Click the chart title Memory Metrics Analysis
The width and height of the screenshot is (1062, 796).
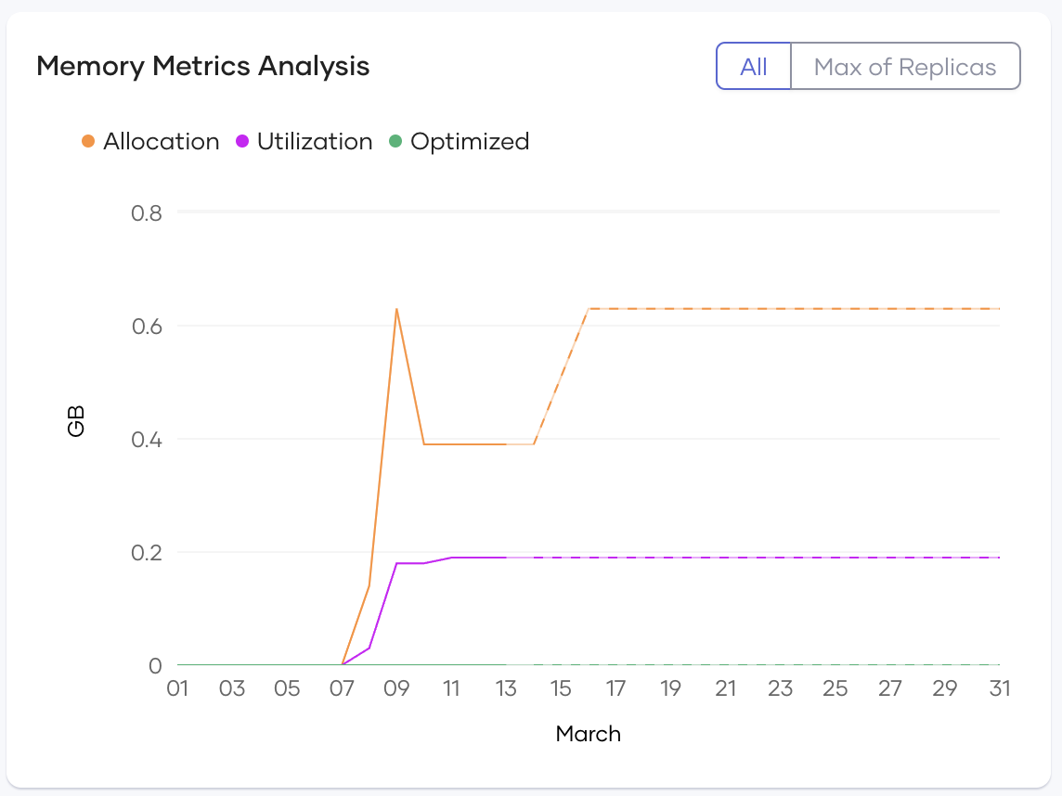[x=202, y=67]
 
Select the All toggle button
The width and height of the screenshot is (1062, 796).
[x=753, y=67]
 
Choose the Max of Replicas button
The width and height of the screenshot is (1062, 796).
[x=904, y=67]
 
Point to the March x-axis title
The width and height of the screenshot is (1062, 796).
[x=588, y=735]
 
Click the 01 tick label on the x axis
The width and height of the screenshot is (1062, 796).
[x=177, y=689]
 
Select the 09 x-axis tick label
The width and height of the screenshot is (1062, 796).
[x=396, y=689]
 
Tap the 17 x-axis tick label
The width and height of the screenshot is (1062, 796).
[x=615, y=689]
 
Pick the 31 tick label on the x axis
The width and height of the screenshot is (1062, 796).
[x=999, y=689]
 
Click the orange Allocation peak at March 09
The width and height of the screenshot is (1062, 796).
[x=396, y=309]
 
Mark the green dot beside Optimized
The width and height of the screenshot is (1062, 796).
[x=395, y=142]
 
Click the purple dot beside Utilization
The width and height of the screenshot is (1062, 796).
[x=242, y=142]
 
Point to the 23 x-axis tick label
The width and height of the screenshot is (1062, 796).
[x=780, y=689]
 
